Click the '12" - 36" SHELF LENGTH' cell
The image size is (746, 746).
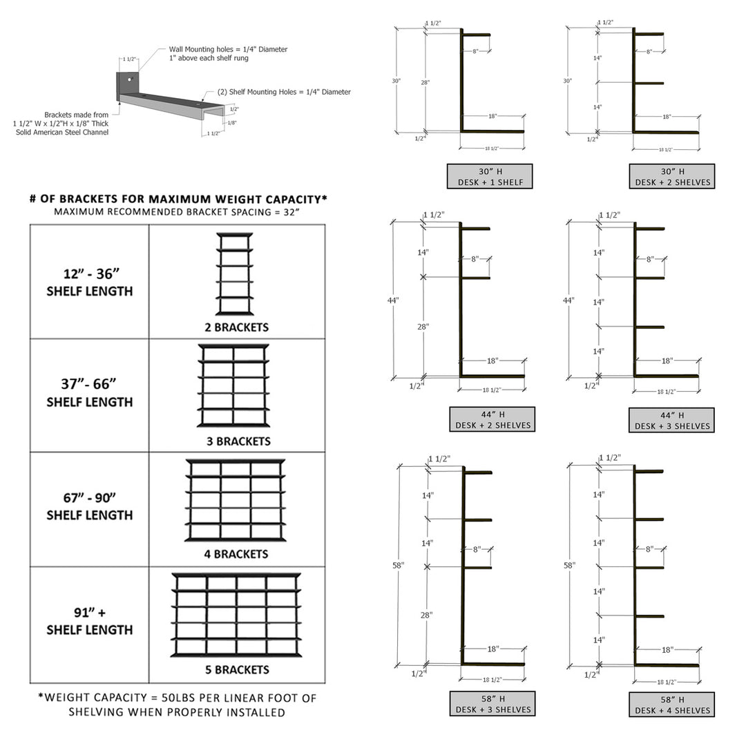point(90,282)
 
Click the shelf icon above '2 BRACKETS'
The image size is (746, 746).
point(235,274)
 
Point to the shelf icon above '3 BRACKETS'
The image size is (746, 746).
point(233,385)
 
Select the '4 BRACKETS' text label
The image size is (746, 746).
point(236,554)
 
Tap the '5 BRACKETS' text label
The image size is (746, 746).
point(236,669)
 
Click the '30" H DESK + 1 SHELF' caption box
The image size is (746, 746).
point(489,176)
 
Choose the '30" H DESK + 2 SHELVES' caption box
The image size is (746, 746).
point(671,176)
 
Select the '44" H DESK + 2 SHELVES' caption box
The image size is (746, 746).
point(492,420)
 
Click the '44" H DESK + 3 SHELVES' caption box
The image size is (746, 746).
point(671,420)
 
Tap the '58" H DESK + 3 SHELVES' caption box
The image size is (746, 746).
point(492,704)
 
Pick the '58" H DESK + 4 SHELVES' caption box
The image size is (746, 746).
point(671,704)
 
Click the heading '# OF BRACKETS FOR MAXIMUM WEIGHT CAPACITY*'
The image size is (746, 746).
point(178,199)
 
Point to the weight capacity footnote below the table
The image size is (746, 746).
point(178,705)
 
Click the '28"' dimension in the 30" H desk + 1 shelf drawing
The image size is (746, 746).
point(425,82)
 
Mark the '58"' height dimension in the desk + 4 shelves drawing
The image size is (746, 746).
point(569,565)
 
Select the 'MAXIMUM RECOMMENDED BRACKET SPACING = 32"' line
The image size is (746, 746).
point(178,212)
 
